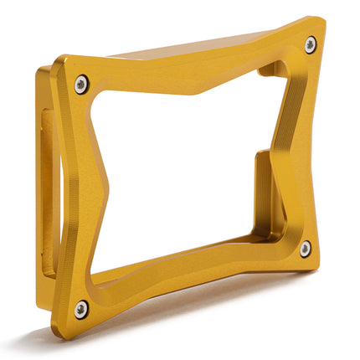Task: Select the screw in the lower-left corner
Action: pyautogui.click(x=81, y=308)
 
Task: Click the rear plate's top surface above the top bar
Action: pyautogui.click(x=193, y=49)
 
